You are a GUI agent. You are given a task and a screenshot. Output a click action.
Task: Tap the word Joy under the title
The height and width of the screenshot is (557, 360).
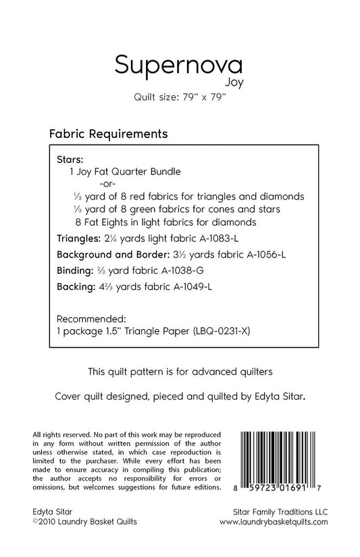coord(232,84)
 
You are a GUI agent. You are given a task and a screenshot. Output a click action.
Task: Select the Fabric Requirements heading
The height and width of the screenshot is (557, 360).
coord(108,134)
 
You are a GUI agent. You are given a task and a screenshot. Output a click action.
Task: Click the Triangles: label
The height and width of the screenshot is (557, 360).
coord(81,239)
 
